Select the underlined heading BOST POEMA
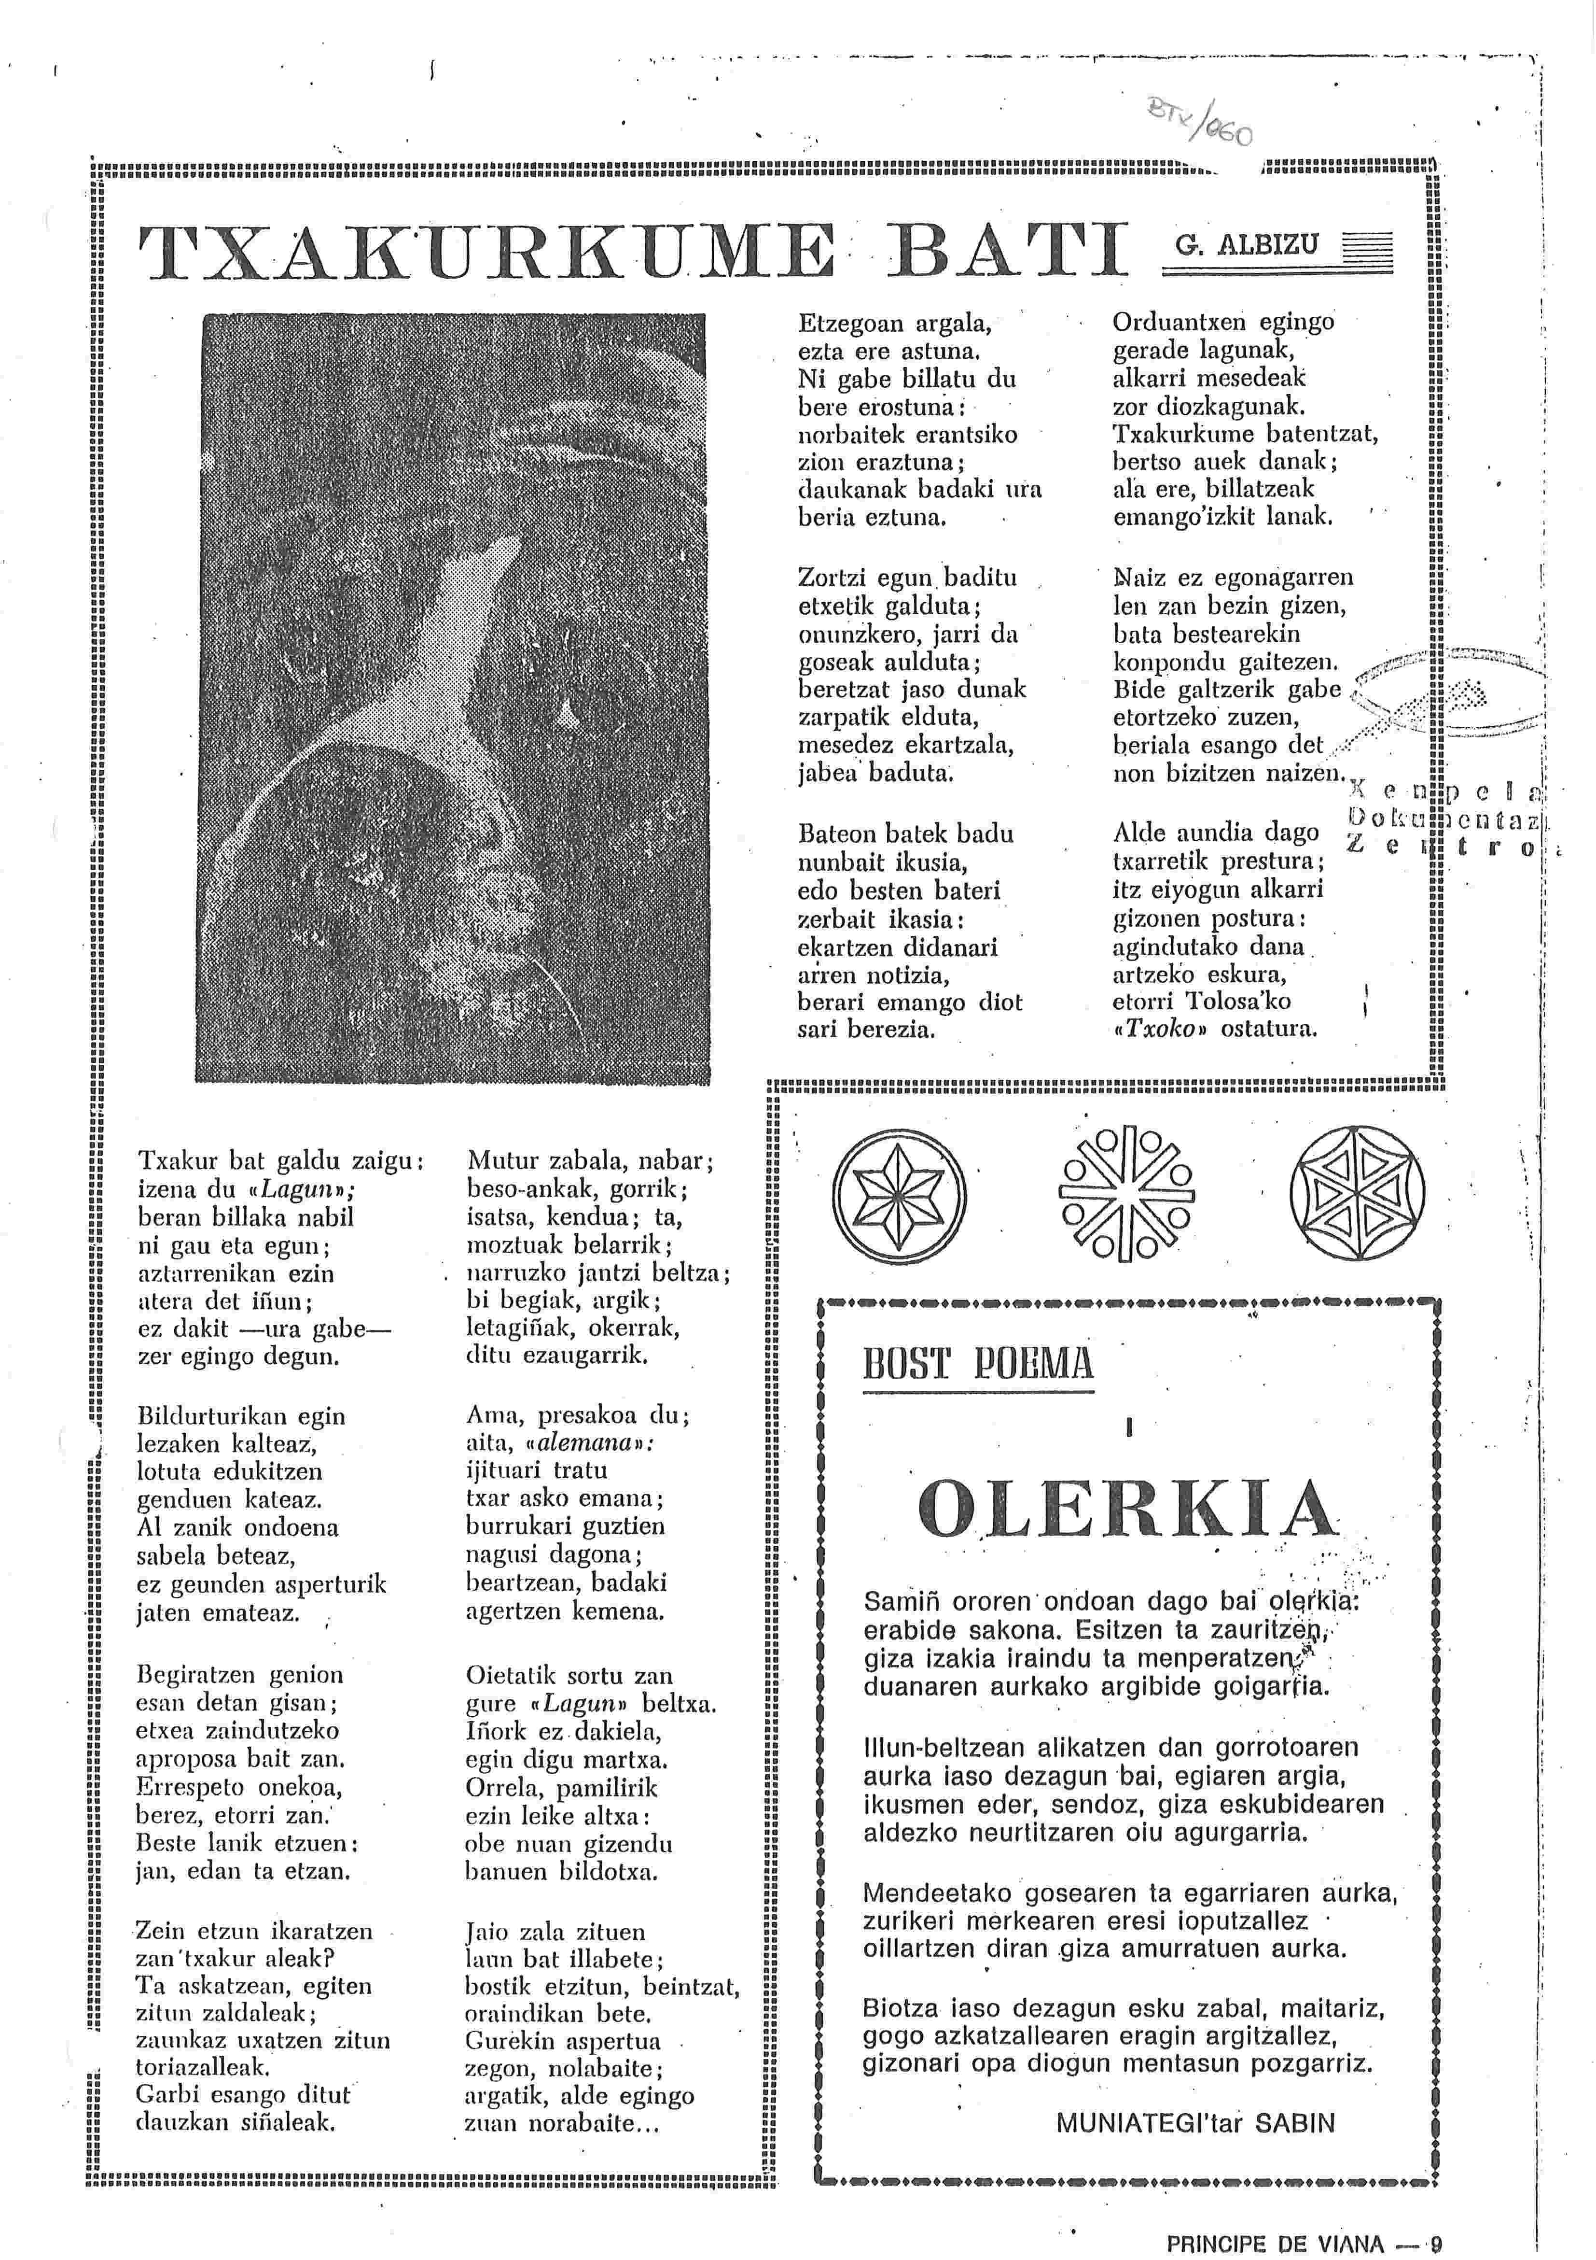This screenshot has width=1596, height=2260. tap(978, 1364)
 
